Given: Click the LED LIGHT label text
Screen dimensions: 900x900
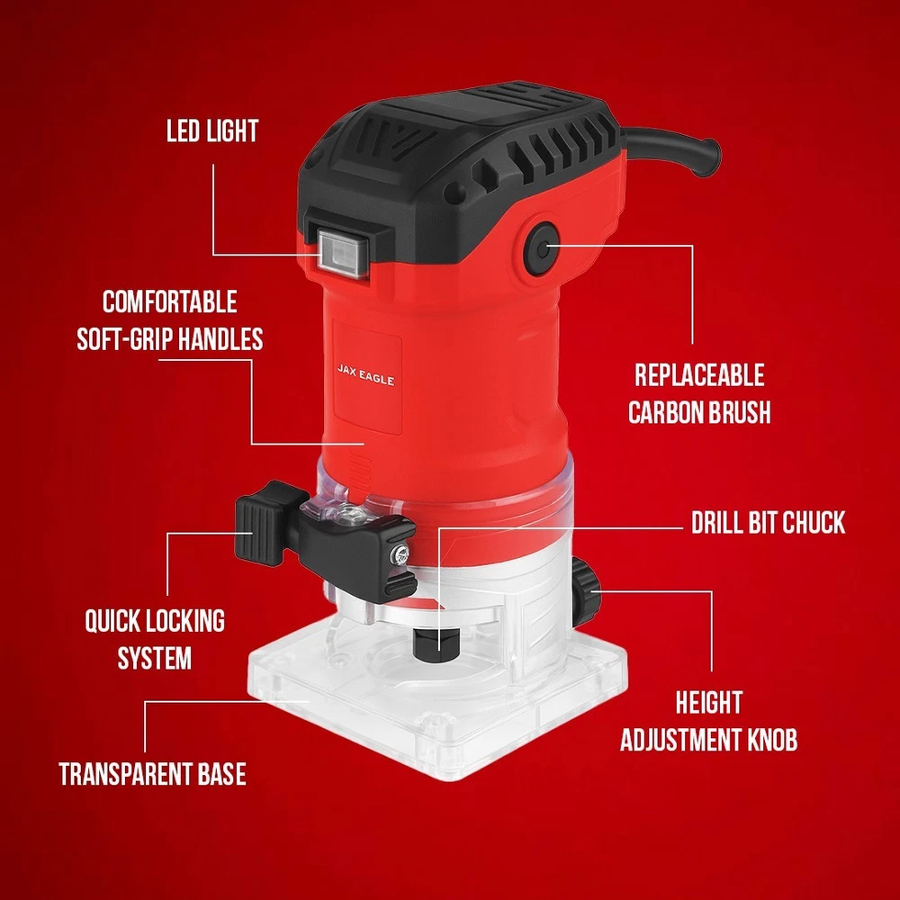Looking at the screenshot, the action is point(212,130).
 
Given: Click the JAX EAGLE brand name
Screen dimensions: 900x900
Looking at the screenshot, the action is point(365,374).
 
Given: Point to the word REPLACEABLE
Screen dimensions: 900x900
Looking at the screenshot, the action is point(699,375).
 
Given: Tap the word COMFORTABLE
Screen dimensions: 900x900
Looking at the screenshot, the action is point(170,301).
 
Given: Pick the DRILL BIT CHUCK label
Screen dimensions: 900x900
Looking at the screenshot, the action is point(768,522).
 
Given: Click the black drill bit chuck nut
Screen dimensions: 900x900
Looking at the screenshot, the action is point(436,642).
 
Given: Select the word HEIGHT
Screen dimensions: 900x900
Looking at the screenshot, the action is point(709,703).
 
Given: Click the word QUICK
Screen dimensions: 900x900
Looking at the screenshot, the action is point(112,621).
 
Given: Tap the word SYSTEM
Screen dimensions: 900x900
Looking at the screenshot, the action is point(155,659).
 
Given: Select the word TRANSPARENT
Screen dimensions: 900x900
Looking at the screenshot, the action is point(125,774).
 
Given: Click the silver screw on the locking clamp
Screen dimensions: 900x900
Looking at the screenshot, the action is point(401,553).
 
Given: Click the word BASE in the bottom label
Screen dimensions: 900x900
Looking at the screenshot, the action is point(222,774).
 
